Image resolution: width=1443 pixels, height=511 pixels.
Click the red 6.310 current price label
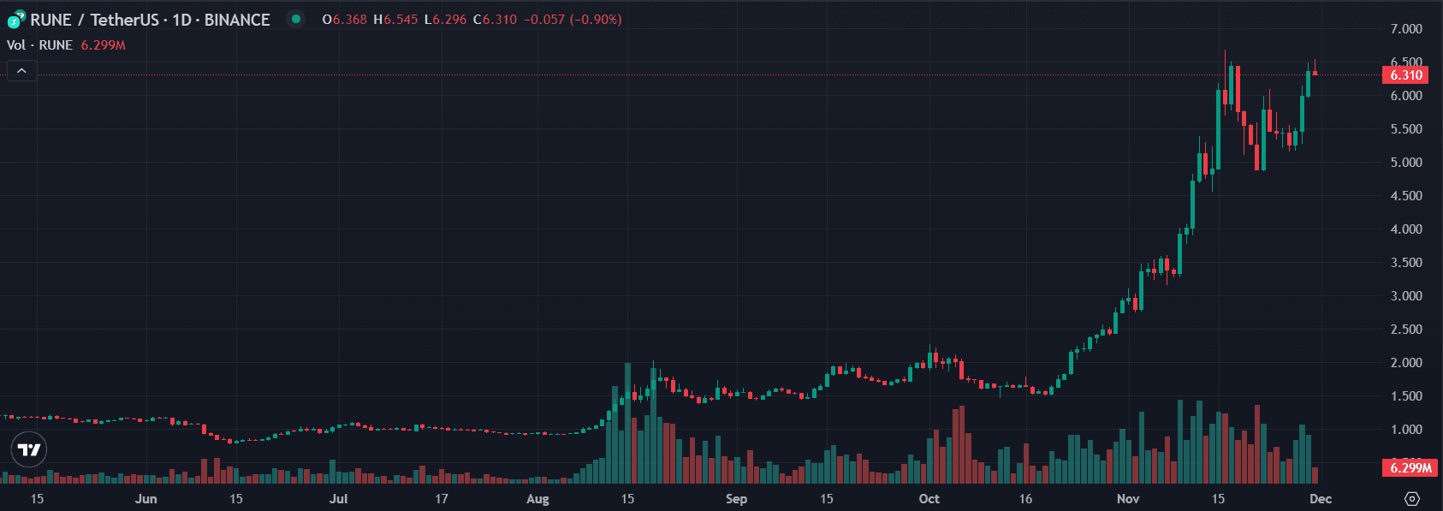coord(1405,75)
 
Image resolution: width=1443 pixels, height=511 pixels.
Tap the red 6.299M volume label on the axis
coord(1410,468)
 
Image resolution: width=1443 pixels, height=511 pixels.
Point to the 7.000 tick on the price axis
coord(1406,29)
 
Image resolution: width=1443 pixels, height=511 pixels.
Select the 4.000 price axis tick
coord(1406,229)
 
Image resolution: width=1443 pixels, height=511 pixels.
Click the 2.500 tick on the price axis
coord(1406,330)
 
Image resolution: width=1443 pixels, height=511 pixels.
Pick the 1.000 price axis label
coord(1406,430)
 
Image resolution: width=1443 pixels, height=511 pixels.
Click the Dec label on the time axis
coord(1321,499)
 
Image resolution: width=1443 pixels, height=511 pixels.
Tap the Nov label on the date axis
coord(1128,499)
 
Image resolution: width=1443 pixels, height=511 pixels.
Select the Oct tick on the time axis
coord(929,499)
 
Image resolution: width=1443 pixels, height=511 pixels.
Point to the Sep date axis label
coord(736,499)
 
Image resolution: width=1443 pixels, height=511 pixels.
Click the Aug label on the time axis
coord(537,499)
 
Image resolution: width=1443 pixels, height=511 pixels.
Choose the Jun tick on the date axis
coord(146,499)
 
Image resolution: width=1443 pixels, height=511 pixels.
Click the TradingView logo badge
coord(29,449)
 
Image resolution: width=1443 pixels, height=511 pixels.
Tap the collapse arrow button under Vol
coord(21,71)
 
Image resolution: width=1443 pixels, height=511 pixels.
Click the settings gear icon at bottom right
coord(1412,499)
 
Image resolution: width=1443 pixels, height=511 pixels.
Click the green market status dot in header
coord(295,19)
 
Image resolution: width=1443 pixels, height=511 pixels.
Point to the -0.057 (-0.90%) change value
coord(573,20)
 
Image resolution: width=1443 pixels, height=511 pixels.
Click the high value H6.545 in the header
coord(395,20)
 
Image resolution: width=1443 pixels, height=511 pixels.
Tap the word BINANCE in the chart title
coord(237,20)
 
